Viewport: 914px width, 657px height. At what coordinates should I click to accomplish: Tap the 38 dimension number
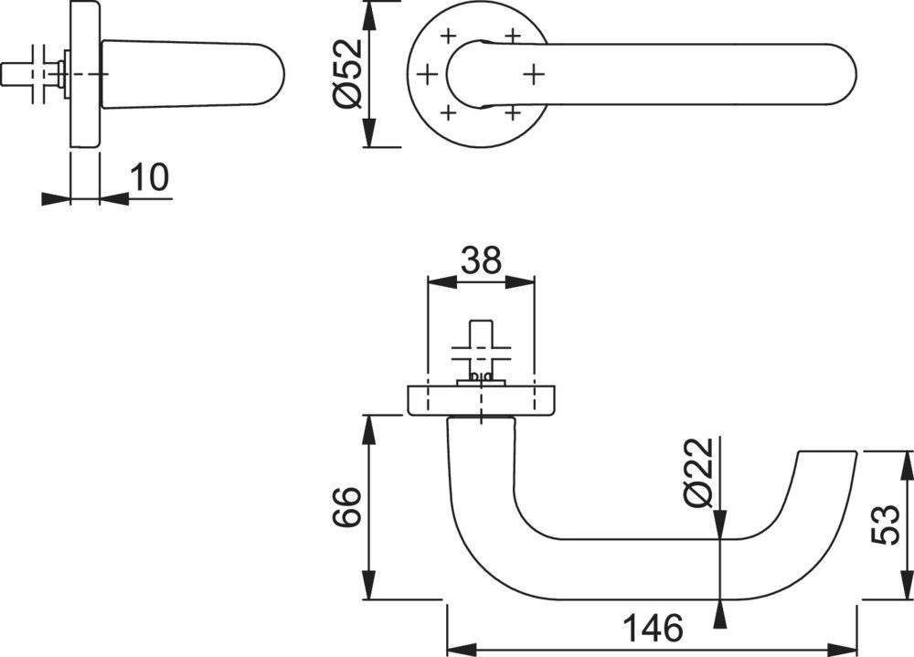(x=481, y=261)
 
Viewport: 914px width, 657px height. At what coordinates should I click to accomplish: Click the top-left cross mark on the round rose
(x=448, y=37)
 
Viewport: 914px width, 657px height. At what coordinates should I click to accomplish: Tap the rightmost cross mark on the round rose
(x=534, y=72)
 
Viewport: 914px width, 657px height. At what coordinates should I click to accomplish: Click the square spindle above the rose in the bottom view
(x=480, y=338)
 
